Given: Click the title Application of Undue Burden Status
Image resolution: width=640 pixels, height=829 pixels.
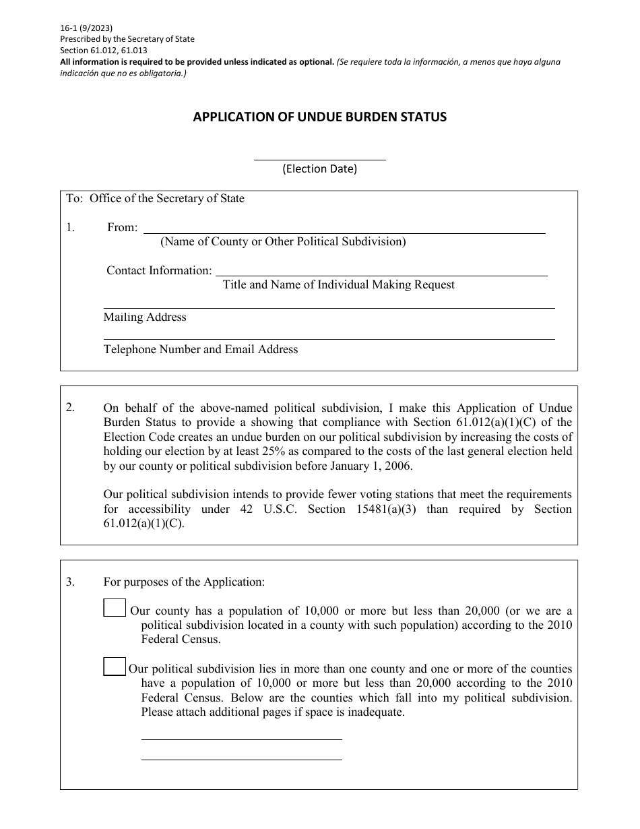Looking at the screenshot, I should pos(319,117).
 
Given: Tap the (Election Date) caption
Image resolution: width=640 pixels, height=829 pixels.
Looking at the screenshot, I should pos(319,169).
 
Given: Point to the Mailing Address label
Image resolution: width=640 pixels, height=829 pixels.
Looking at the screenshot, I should pos(145,317).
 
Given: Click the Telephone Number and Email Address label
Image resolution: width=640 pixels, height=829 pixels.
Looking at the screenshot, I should pos(201,349).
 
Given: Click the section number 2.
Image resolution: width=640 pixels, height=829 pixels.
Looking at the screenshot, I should pos(71,408).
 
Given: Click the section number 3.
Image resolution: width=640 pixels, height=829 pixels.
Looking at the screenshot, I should pos(71,582).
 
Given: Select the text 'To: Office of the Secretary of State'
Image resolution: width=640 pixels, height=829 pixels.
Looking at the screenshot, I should pos(156,199).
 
